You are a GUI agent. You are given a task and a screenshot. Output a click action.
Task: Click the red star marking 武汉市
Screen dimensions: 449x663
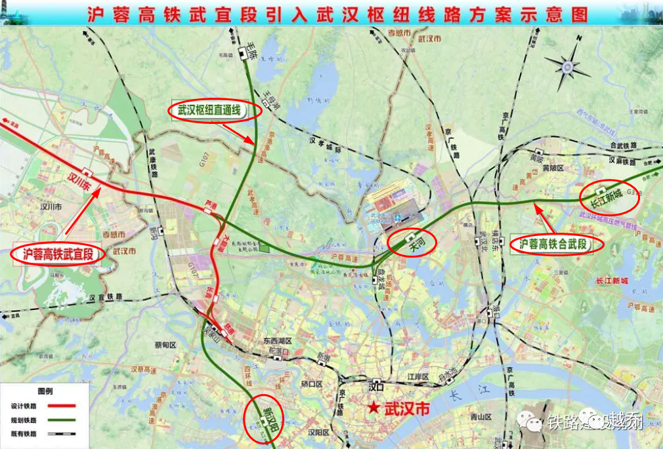[x=374, y=408]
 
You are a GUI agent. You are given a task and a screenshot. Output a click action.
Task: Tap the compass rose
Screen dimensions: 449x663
[x=568, y=66]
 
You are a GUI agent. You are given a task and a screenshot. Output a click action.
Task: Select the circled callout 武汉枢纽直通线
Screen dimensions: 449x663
[x=215, y=111]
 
